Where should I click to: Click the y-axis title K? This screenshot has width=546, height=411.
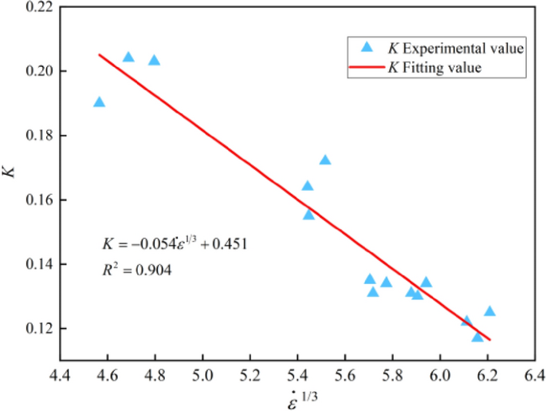coord(10,170)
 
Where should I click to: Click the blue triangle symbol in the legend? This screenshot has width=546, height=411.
coord(367,48)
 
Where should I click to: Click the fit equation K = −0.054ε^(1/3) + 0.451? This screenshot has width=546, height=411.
coord(175,243)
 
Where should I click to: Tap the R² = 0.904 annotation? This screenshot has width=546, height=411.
coord(136,271)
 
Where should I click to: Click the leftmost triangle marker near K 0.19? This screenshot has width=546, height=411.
coord(99,102)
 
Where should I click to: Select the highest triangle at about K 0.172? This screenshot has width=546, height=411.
coord(325,160)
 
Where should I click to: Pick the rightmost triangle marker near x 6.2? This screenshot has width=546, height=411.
coord(489,311)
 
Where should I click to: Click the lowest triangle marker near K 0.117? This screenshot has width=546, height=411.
coord(477,337)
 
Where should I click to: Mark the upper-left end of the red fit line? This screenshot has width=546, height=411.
coord(100,55)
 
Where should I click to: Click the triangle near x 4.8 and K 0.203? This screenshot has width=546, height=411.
coord(155,61)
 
